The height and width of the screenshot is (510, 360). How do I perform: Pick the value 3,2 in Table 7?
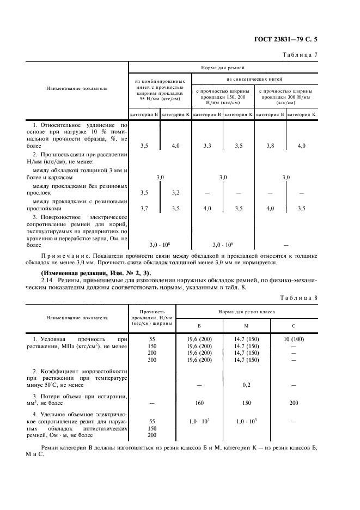[x=175, y=192]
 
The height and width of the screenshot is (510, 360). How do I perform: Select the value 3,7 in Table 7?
[x=144, y=208]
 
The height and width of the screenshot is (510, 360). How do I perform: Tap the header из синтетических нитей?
[x=254, y=79]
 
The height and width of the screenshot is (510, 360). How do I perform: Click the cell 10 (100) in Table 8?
[x=294, y=339]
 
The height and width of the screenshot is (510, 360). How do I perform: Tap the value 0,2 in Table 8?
[x=246, y=384]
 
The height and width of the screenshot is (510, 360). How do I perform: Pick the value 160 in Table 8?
[x=199, y=403]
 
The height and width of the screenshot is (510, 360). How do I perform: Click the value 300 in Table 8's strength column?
[x=152, y=360]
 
